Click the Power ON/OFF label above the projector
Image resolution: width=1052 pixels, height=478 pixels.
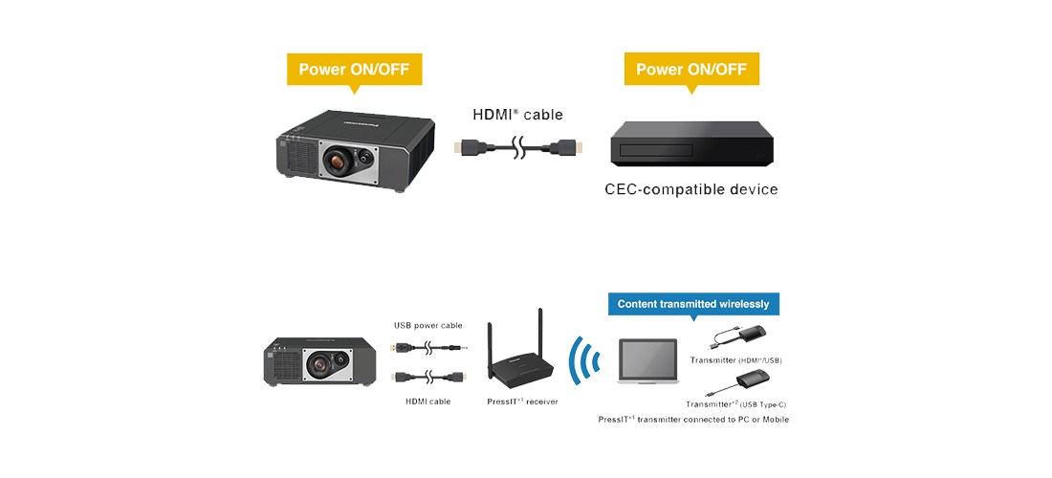click(x=354, y=69)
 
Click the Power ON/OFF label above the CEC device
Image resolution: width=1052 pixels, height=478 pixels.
click(x=691, y=69)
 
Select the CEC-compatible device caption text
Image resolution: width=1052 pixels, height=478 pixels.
click(x=690, y=189)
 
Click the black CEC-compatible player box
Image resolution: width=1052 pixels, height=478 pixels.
click(x=690, y=145)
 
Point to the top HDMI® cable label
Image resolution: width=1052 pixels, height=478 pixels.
click(x=517, y=115)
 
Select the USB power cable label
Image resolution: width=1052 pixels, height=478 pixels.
click(x=427, y=326)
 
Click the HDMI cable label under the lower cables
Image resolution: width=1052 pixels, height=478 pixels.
click(x=427, y=402)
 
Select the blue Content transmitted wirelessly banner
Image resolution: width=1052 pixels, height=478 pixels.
click(x=693, y=304)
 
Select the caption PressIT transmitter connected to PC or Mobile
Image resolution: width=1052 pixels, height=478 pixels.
click(x=693, y=420)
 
